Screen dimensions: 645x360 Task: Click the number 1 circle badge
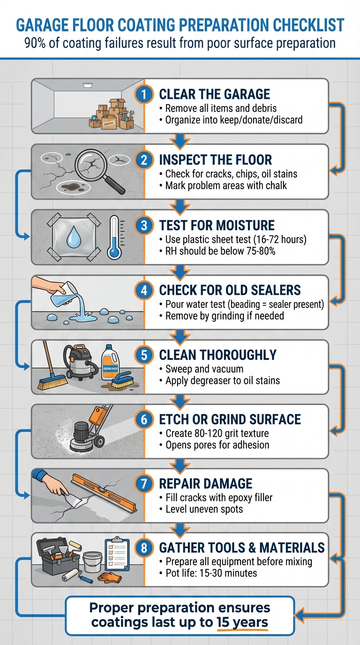click(x=144, y=95)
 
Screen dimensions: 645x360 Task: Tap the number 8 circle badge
click(x=144, y=547)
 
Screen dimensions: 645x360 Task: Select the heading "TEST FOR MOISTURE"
click(x=217, y=225)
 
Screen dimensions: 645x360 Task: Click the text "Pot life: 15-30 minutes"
click(x=211, y=573)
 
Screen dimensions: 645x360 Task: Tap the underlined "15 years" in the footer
click(x=242, y=622)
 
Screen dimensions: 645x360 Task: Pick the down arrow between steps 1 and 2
click(x=180, y=139)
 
